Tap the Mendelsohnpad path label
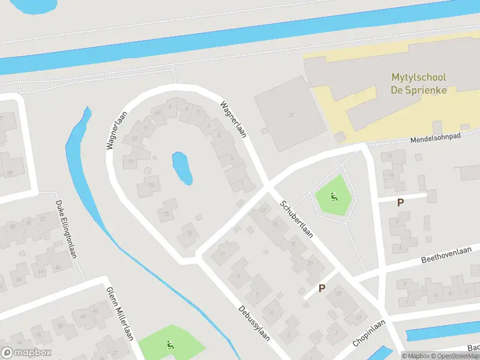click(x=435, y=139)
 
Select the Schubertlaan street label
click(x=296, y=219)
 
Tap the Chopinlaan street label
click(x=368, y=333)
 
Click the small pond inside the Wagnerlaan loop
click(x=182, y=168)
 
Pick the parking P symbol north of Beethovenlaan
click(x=400, y=203)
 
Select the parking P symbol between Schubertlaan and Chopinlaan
click(x=322, y=289)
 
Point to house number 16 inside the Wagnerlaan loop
click(x=190, y=233)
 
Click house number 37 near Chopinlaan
click(x=339, y=294)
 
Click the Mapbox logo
click(x=26, y=353)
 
